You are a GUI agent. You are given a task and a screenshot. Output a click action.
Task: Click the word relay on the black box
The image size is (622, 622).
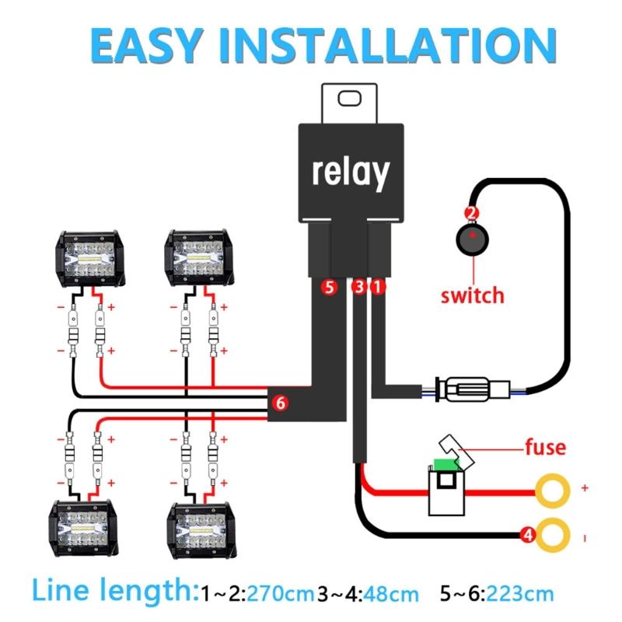point(350,172)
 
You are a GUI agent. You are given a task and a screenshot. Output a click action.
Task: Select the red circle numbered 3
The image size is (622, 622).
point(358,288)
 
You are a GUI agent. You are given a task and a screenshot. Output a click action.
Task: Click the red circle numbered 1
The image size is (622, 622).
point(378,288)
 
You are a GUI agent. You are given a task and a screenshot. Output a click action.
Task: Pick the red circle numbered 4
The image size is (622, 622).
point(527,534)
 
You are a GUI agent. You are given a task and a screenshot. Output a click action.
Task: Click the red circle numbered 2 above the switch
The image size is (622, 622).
point(471,213)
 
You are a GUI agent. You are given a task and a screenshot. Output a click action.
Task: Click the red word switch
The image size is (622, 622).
point(472,295)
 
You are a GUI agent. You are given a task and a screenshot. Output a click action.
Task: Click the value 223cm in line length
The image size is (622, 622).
point(523,595)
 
